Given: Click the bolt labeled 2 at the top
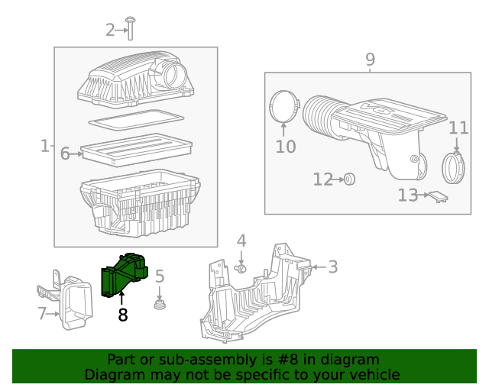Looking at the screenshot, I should click(131, 28).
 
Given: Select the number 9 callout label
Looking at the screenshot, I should click(370, 60).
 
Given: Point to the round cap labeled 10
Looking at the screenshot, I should click(283, 106).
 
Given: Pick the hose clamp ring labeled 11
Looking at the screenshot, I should click(455, 168).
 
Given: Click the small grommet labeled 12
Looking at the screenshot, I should click(348, 179).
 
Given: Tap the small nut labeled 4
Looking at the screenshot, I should click(241, 268).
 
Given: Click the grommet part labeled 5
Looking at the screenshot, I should click(160, 306).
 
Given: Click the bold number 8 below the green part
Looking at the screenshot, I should click(122, 314).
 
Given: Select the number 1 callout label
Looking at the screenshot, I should click(44, 145).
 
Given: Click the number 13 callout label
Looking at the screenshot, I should click(408, 195).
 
